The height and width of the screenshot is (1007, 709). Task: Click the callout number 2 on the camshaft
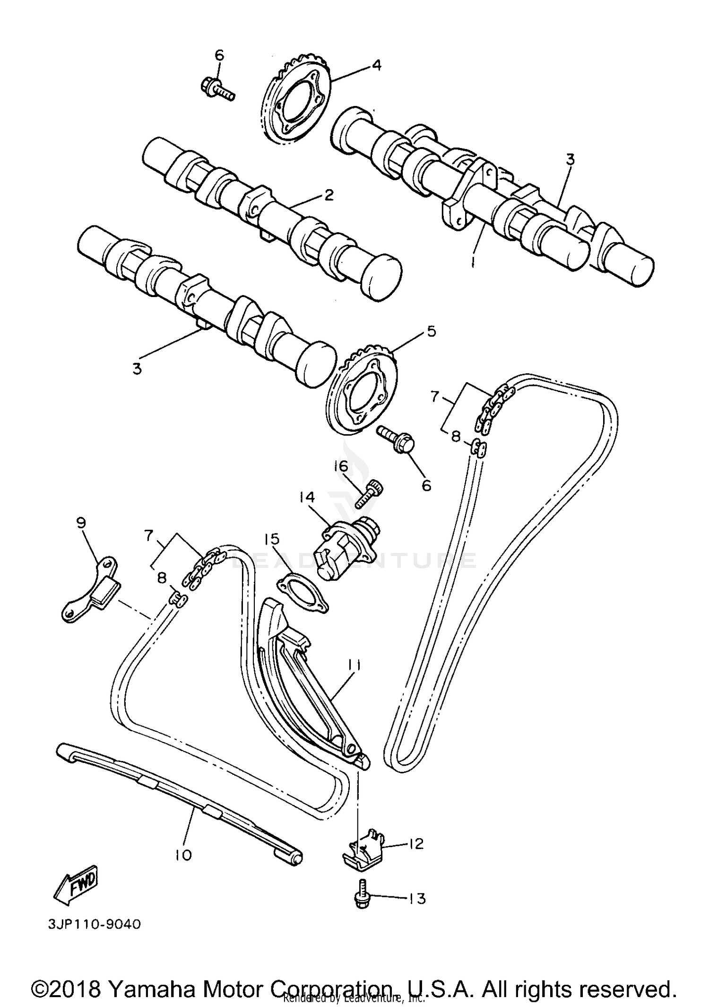pyautogui.click(x=329, y=195)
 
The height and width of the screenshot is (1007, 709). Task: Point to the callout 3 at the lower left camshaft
pyautogui.click(x=137, y=368)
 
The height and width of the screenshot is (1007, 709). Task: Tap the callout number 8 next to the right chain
pyautogui.click(x=455, y=436)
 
